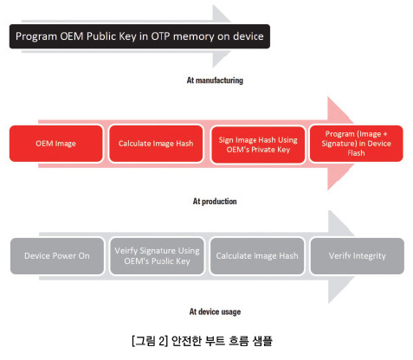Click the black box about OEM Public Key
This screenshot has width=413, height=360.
point(139,36)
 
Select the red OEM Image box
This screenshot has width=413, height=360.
point(56,144)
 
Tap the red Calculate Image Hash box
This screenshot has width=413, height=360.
point(156,144)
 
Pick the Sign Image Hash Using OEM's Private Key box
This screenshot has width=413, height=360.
point(258,145)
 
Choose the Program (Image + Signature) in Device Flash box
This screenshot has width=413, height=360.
point(356,144)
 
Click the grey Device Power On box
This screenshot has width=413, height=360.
point(57,256)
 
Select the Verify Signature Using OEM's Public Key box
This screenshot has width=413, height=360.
point(157,256)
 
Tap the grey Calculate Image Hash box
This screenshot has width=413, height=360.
point(257,256)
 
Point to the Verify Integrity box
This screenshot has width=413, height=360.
point(358,256)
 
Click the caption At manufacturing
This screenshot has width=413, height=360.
point(215,80)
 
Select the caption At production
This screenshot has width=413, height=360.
point(215,202)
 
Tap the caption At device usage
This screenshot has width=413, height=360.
point(215,312)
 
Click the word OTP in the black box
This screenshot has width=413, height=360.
point(160,36)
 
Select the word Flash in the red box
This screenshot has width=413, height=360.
point(356,153)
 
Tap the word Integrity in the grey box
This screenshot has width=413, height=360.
point(370,256)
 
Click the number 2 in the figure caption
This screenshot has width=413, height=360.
point(162,341)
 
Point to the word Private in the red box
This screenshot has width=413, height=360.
point(263,150)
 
